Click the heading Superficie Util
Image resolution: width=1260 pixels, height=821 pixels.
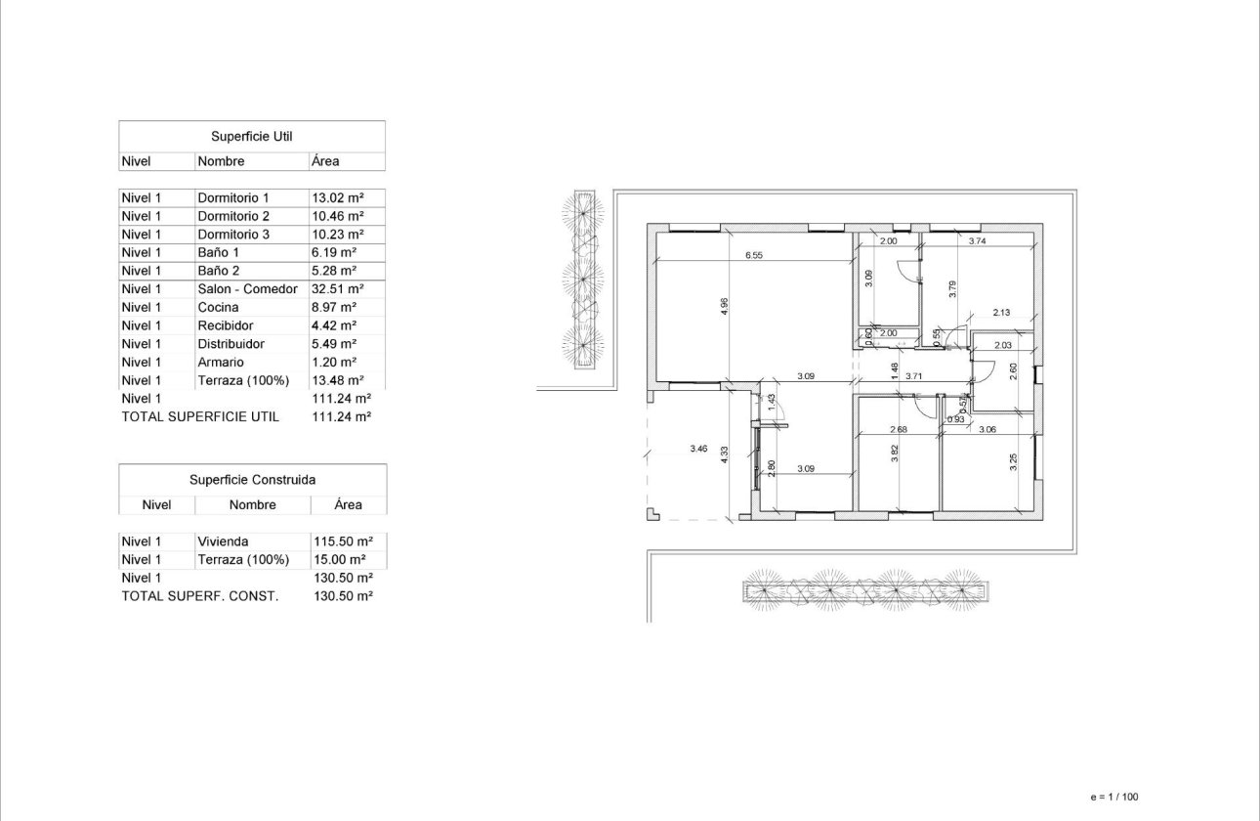point(251,136)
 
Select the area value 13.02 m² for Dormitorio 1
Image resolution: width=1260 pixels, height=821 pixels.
point(337,197)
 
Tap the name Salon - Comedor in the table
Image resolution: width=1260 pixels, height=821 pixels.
point(247,289)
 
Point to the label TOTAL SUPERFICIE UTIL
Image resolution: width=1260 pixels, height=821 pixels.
point(200,416)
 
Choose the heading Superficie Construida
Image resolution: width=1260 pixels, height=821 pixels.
point(252,480)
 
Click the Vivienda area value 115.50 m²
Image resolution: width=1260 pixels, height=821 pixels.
point(341,541)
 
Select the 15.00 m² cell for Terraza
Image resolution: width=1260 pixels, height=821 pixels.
point(337,560)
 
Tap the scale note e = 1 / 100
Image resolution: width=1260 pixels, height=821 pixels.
point(1114,797)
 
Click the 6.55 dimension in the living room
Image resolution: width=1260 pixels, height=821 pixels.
point(753,255)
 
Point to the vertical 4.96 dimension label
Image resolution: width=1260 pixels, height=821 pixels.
point(724,306)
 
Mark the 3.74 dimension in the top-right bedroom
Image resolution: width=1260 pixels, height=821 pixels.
point(976,240)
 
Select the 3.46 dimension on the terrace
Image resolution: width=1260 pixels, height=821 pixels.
point(697,449)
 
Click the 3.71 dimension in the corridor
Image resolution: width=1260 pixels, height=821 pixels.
point(913,375)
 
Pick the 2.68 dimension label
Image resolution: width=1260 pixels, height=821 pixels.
point(899,429)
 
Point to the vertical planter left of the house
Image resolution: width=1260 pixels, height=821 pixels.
point(584,280)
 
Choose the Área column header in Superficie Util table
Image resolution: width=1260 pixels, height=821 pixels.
point(325,161)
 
